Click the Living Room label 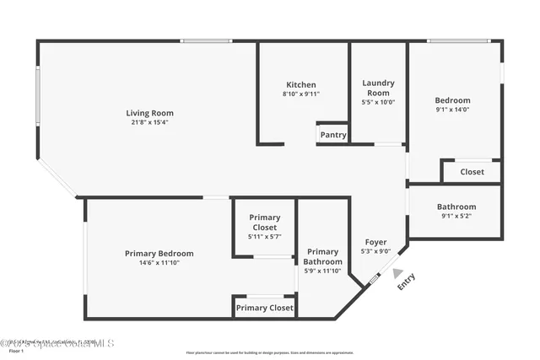(x=149, y=113)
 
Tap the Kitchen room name (x=301, y=84)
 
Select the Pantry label (x=333, y=135)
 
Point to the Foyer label (x=375, y=242)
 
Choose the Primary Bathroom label (x=322, y=256)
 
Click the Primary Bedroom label (x=159, y=254)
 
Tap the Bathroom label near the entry (x=456, y=207)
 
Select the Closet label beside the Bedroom (x=472, y=172)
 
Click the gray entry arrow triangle (x=398, y=272)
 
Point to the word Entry (x=407, y=282)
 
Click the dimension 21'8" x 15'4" (x=149, y=123)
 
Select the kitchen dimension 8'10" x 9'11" (x=301, y=94)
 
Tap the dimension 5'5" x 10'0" (x=378, y=102)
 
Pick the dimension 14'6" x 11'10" (x=159, y=263)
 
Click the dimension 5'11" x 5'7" (x=264, y=237)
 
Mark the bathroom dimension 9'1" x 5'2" (x=456, y=217)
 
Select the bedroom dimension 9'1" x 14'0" (x=452, y=110)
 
